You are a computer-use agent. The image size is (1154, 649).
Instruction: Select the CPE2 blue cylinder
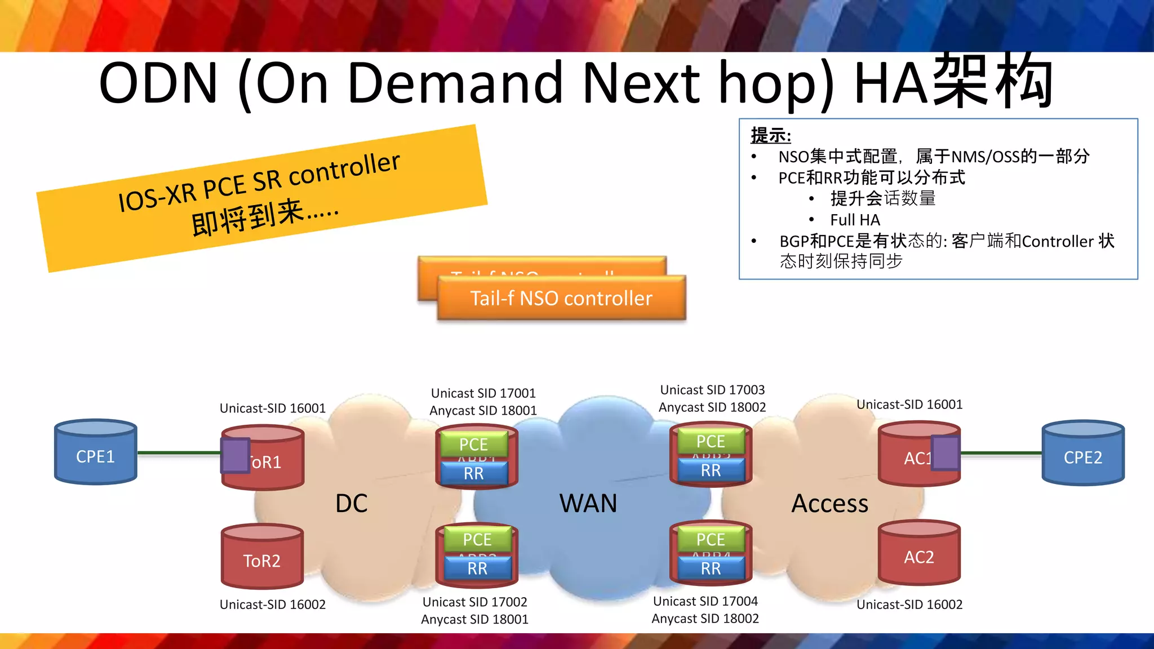tap(1082, 454)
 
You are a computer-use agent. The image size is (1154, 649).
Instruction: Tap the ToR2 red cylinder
tap(262, 557)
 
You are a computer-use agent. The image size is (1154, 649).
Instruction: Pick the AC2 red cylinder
tap(919, 554)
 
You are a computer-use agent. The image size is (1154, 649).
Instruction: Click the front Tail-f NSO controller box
tap(561, 299)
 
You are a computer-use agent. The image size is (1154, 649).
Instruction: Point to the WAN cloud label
tap(588, 503)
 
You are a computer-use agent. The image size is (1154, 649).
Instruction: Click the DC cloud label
tap(351, 503)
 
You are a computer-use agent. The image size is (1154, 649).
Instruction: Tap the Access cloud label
tap(829, 503)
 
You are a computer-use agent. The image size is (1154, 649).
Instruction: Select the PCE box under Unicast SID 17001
tap(473, 444)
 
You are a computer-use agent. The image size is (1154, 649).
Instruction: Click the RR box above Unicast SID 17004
tap(711, 568)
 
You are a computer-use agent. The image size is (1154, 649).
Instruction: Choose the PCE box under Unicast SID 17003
tap(711, 441)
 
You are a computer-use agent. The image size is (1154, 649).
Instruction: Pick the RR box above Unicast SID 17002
tap(477, 568)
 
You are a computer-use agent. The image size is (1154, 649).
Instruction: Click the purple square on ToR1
tap(235, 455)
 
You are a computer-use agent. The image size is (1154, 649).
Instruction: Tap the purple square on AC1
tap(945, 453)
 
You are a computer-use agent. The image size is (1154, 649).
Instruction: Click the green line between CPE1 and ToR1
tap(179, 452)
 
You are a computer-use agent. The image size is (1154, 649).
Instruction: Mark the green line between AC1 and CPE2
tap(1001, 452)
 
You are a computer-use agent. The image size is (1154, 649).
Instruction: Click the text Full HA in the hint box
tap(855, 220)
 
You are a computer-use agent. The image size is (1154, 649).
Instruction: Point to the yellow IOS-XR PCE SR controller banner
tap(261, 197)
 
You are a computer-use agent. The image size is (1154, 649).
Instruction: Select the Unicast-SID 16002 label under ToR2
tap(273, 604)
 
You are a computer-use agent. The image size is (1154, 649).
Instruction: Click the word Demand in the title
tap(455, 83)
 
